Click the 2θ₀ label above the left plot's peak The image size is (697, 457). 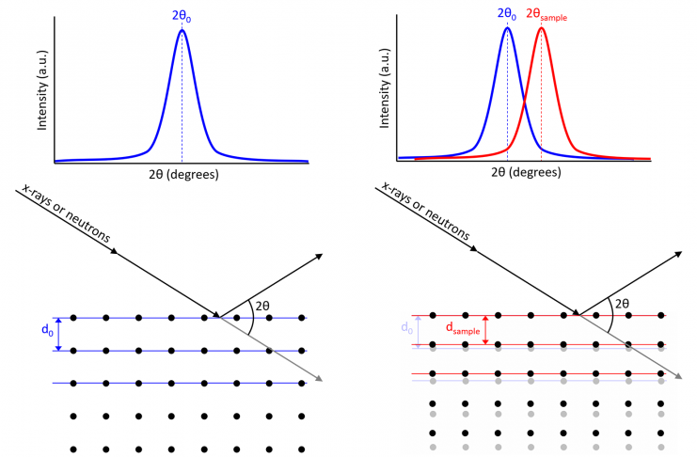(182, 15)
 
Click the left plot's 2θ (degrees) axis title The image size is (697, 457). (182, 175)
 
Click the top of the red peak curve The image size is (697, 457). (541, 28)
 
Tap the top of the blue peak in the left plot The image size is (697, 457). (182, 31)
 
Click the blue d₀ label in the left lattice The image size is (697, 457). (45, 335)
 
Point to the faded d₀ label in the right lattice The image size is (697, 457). (407, 329)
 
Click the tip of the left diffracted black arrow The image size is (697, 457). (323, 255)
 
